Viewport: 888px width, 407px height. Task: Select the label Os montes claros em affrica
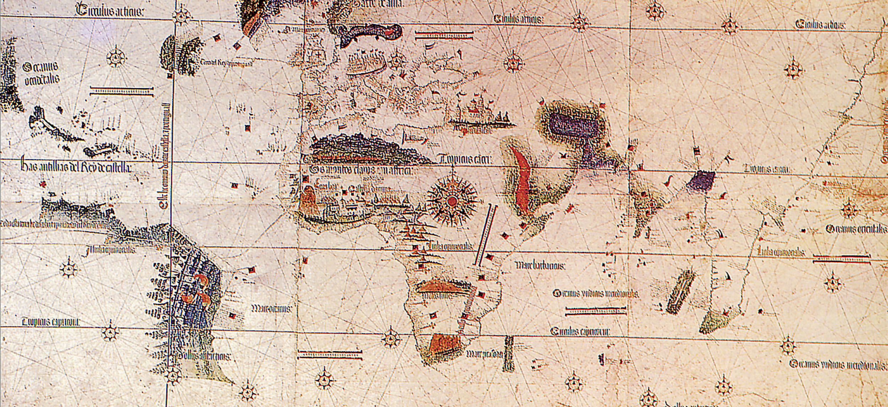(x=361, y=170)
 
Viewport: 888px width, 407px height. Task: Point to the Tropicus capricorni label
(x=51, y=322)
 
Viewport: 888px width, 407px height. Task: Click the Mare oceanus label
(x=271, y=309)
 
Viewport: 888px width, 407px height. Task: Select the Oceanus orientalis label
(x=855, y=229)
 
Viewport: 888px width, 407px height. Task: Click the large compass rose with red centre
(x=452, y=201)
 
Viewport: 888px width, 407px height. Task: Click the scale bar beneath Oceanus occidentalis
(x=121, y=91)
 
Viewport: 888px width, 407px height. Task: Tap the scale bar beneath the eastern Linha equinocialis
(x=841, y=258)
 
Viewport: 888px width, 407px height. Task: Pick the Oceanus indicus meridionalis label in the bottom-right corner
(x=838, y=365)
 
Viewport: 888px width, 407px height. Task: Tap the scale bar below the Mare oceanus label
(x=330, y=354)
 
